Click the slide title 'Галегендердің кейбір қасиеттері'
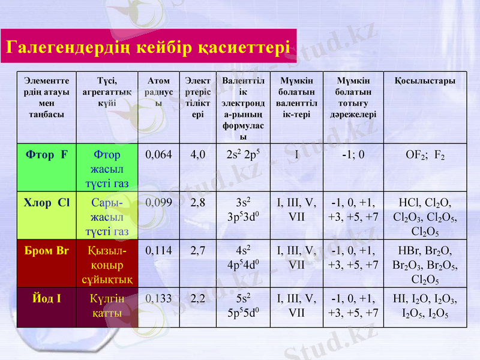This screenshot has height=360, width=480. coord(147,46)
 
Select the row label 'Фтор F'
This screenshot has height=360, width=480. coord(47,155)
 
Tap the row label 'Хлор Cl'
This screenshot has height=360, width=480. coord(47,202)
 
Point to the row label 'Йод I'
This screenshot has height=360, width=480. coord(47,297)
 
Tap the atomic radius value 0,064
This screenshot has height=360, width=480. coord(159,155)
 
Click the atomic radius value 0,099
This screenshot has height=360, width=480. coord(159,202)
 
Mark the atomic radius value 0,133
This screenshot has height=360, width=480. coord(159,297)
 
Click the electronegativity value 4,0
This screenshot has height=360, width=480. coord(198,155)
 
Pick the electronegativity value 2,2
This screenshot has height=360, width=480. coord(198,297)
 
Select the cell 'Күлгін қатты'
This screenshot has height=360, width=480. coord(107,305)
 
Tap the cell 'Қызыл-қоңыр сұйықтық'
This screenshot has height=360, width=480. coord(107,264)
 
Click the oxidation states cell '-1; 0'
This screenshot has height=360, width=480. coord(353,155)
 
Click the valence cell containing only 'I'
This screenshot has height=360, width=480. coord(296,155)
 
